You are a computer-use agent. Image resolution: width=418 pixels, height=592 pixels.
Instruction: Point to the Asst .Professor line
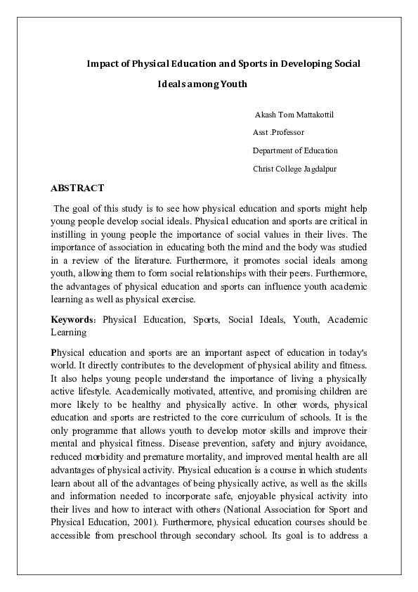click(278, 132)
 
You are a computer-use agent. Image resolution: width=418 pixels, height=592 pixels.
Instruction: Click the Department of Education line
click(295, 150)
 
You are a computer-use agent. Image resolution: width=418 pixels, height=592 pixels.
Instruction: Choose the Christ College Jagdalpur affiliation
click(294, 169)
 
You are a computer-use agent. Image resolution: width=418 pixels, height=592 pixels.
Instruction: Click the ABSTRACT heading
click(77, 188)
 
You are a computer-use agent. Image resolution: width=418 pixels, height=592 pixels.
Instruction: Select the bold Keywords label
click(74, 320)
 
